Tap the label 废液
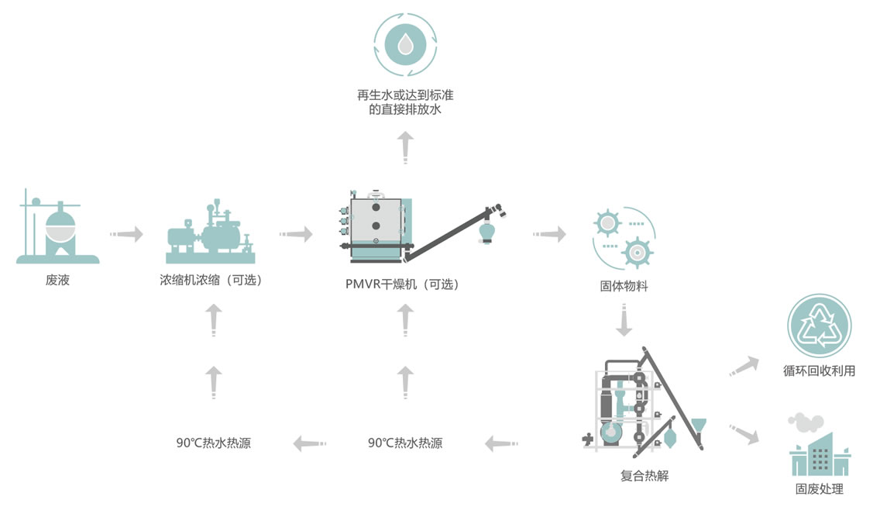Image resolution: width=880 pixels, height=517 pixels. tap(57, 281)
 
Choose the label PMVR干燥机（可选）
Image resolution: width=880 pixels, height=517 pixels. tap(403, 284)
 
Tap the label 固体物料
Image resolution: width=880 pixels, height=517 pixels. tap(624, 286)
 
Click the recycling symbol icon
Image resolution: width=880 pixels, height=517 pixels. tap(819, 326)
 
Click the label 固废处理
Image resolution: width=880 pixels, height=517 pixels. tap(819, 488)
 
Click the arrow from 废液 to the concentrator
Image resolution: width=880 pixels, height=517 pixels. tap(127, 233)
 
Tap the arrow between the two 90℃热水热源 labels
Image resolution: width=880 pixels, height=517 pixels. tap(309, 443)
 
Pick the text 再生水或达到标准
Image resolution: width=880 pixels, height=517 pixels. tap(405, 95)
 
